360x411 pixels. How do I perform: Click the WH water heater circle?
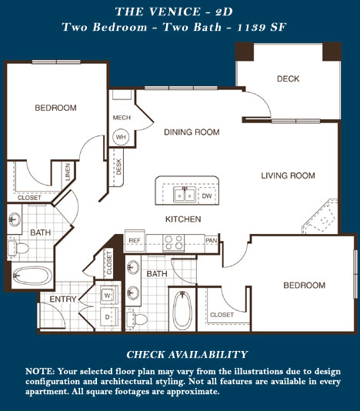[121, 137]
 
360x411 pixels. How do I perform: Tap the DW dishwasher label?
[207, 195]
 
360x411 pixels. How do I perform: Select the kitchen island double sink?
[185, 195]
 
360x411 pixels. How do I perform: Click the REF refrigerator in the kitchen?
[135, 241]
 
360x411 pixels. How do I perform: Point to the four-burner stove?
[173, 242]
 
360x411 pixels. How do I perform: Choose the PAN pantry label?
[212, 240]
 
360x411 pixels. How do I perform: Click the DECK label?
[288, 79]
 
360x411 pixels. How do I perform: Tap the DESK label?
[118, 167]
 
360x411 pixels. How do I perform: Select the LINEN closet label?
[68, 172]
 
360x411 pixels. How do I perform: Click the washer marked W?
[108, 295]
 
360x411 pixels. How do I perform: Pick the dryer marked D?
[108, 317]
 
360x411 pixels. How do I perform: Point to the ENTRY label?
[63, 299]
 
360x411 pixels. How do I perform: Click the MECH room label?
[122, 118]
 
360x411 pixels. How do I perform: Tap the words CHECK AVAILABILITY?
[187, 355]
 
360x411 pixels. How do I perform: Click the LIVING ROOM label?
[288, 175]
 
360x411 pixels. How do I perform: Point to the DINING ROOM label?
[192, 132]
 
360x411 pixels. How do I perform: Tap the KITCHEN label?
[183, 219]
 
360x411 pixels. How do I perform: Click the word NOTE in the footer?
[39, 372]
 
